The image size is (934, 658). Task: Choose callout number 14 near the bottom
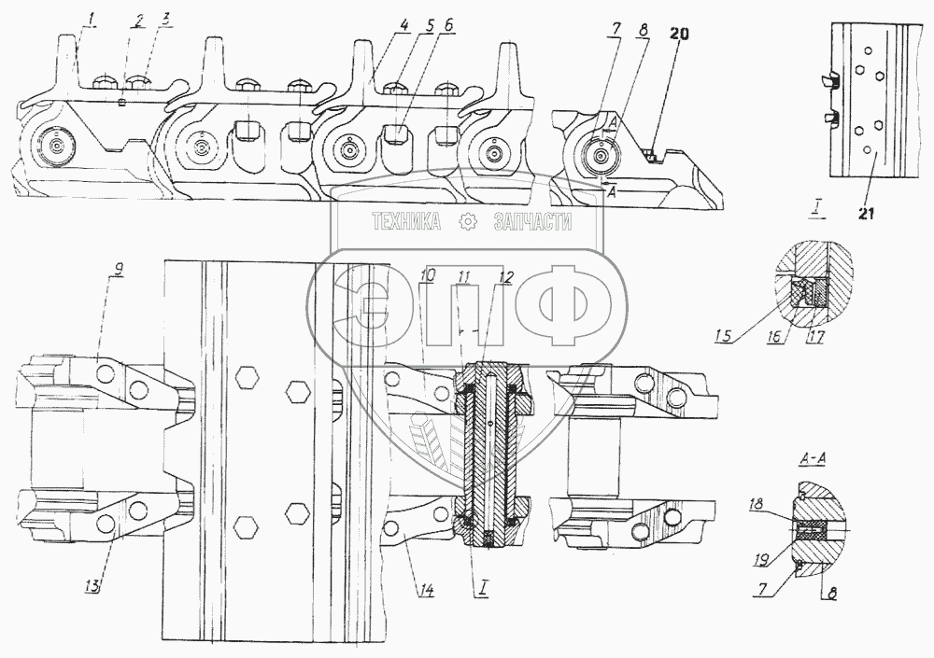[x=426, y=589]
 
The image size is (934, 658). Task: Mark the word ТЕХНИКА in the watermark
[x=406, y=222]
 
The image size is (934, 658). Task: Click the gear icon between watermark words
[x=469, y=222]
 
